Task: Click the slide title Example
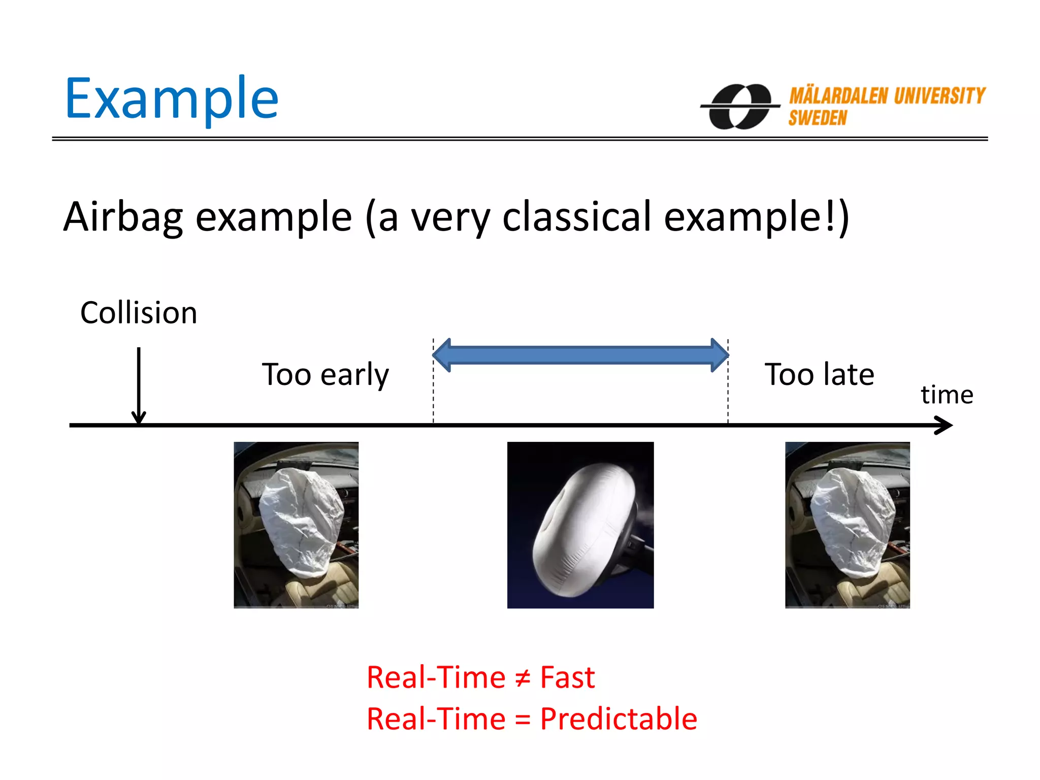tap(172, 99)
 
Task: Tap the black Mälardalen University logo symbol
tap(740, 107)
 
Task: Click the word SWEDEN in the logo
tap(817, 118)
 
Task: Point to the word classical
tap(576, 217)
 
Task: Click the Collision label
tap(139, 313)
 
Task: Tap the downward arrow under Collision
tap(139, 386)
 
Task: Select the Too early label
tap(325, 375)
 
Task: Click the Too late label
tap(819, 375)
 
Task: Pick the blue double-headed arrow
tap(580, 355)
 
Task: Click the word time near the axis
tap(947, 395)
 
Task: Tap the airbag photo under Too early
tap(296, 525)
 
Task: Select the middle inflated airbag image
tap(580, 525)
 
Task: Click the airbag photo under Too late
tap(847, 525)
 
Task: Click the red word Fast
tap(567, 677)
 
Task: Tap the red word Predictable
tap(618, 719)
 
